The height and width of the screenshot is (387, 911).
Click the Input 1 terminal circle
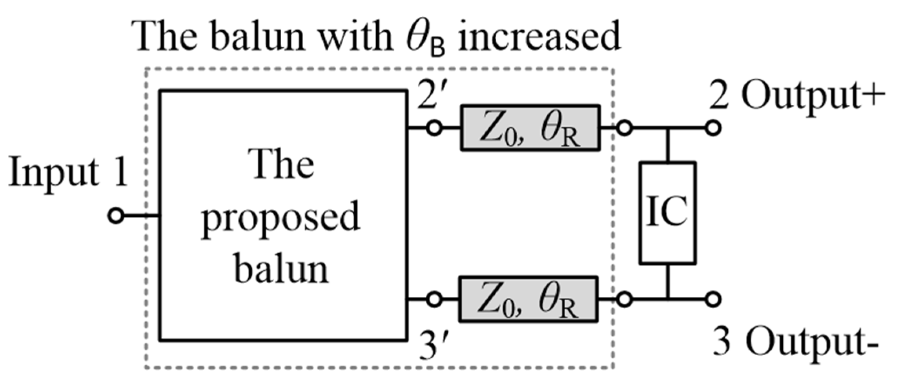pyautogui.click(x=116, y=216)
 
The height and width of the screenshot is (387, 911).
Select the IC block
pyautogui.click(x=667, y=213)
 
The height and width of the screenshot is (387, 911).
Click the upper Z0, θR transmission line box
pyautogui.click(x=530, y=128)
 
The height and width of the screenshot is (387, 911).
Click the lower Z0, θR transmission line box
pyautogui.click(x=528, y=300)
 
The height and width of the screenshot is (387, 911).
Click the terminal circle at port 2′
pyautogui.click(x=434, y=128)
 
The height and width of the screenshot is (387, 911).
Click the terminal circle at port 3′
pyautogui.click(x=434, y=300)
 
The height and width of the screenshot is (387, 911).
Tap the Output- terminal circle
pyautogui.click(x=713, y=300)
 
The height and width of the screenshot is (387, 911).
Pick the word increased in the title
pyautogui.click(x=539, y=37)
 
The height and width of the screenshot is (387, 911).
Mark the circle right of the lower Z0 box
pyautogui.click(x=624, y=300)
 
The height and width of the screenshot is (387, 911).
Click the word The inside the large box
pyautogui.click(x=282, y=165)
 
